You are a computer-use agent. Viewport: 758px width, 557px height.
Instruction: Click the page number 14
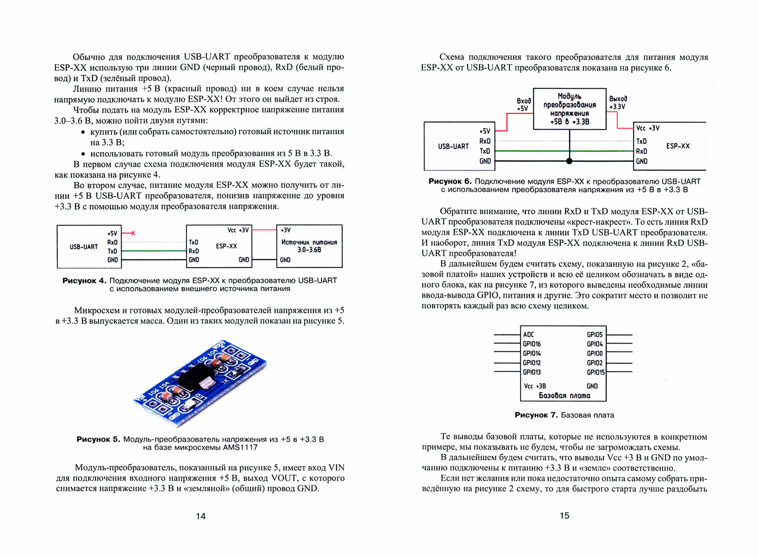coord(200,516)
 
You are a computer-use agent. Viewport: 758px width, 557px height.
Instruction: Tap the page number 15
coord(564,516)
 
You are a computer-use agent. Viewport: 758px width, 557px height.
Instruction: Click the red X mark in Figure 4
coord(133,233)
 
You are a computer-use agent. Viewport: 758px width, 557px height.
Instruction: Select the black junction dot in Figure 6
coord(569,161)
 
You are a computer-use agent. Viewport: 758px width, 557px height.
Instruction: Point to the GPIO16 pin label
coord(532,344)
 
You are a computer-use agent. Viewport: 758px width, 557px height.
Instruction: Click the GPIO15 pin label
coord(595,372)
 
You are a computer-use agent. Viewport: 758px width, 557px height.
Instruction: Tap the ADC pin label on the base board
coord(528,334)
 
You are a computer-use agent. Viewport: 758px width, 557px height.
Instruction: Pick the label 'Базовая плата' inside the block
coord(564,395)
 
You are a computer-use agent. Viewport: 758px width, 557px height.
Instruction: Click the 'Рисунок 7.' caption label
coord(536,415)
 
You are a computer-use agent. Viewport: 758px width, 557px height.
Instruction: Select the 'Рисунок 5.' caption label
coord(98,439)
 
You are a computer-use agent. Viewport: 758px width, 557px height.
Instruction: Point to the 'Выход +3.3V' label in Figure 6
coord(618,103)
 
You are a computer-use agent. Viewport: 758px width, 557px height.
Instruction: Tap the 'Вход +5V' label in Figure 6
coord(523,105)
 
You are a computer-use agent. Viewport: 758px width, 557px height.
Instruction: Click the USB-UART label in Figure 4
coord(83,247)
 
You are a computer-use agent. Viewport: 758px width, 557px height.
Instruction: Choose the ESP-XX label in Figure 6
coord(678,146)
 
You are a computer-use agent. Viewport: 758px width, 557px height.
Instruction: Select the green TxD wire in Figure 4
coord(153,251)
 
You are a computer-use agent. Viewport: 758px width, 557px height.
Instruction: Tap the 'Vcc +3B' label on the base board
coord(535,386)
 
